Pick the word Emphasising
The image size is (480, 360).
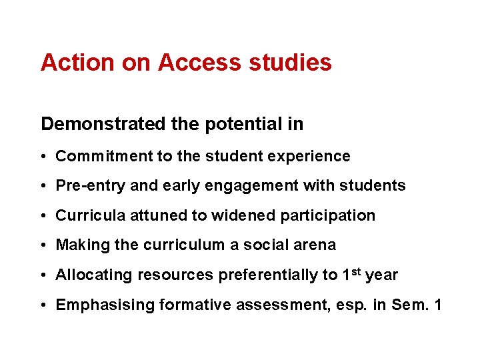pyautogui.click(x=97, y=305)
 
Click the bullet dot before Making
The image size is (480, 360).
pyautogui.click(x=42, y=245)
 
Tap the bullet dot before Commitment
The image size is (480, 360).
pyautogui.click(x=42, y=156)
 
